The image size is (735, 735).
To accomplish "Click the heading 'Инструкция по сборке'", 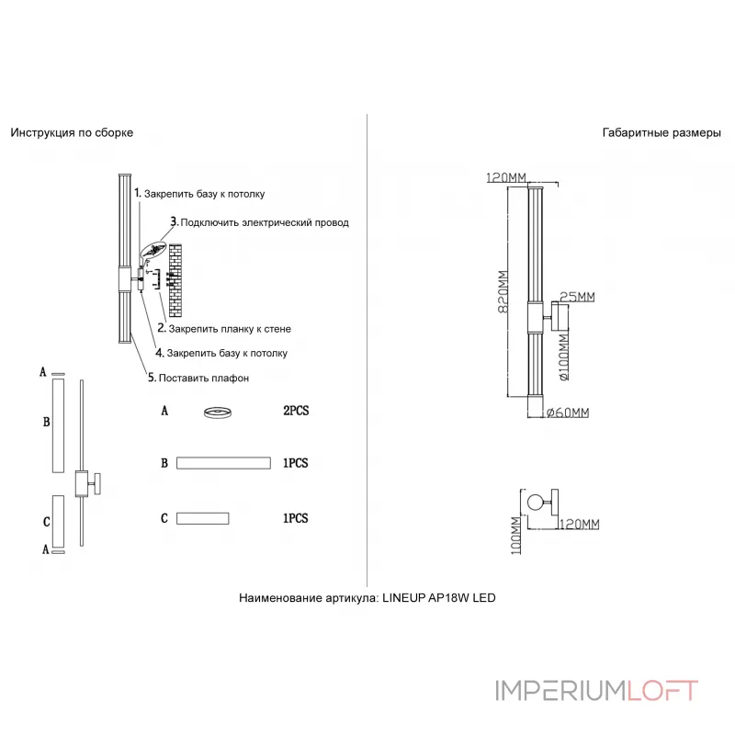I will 72,132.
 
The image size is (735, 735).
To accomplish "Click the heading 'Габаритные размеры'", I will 661,132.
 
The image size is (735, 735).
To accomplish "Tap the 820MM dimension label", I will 503,292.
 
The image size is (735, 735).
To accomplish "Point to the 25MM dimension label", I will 577,297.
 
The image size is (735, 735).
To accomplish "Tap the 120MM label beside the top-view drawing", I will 579,523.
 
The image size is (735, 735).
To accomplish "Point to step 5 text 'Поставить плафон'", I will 198,378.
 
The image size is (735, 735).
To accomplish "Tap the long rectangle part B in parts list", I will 223,463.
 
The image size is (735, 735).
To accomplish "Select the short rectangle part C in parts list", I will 203,518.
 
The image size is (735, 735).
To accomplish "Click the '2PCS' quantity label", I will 296,412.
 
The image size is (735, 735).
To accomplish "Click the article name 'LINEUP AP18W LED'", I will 438,597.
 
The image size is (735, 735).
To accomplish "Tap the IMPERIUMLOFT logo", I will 596,690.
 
